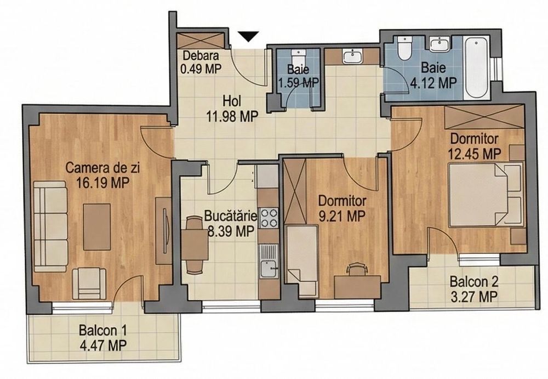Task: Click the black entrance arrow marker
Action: tap(249, 36)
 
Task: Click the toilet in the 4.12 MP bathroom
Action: tap(404, 48)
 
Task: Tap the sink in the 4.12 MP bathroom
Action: tap(439, 44)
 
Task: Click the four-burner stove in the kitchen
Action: tap(269, 218)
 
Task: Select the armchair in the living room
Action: tap(89, 283)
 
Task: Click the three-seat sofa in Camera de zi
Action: tap(50, 226)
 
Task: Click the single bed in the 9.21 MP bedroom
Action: tap(301, 261)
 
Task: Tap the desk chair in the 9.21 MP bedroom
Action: tap(356, 269)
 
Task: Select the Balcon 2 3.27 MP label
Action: tap(473, 289)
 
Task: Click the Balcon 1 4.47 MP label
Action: tap(103, 338)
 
